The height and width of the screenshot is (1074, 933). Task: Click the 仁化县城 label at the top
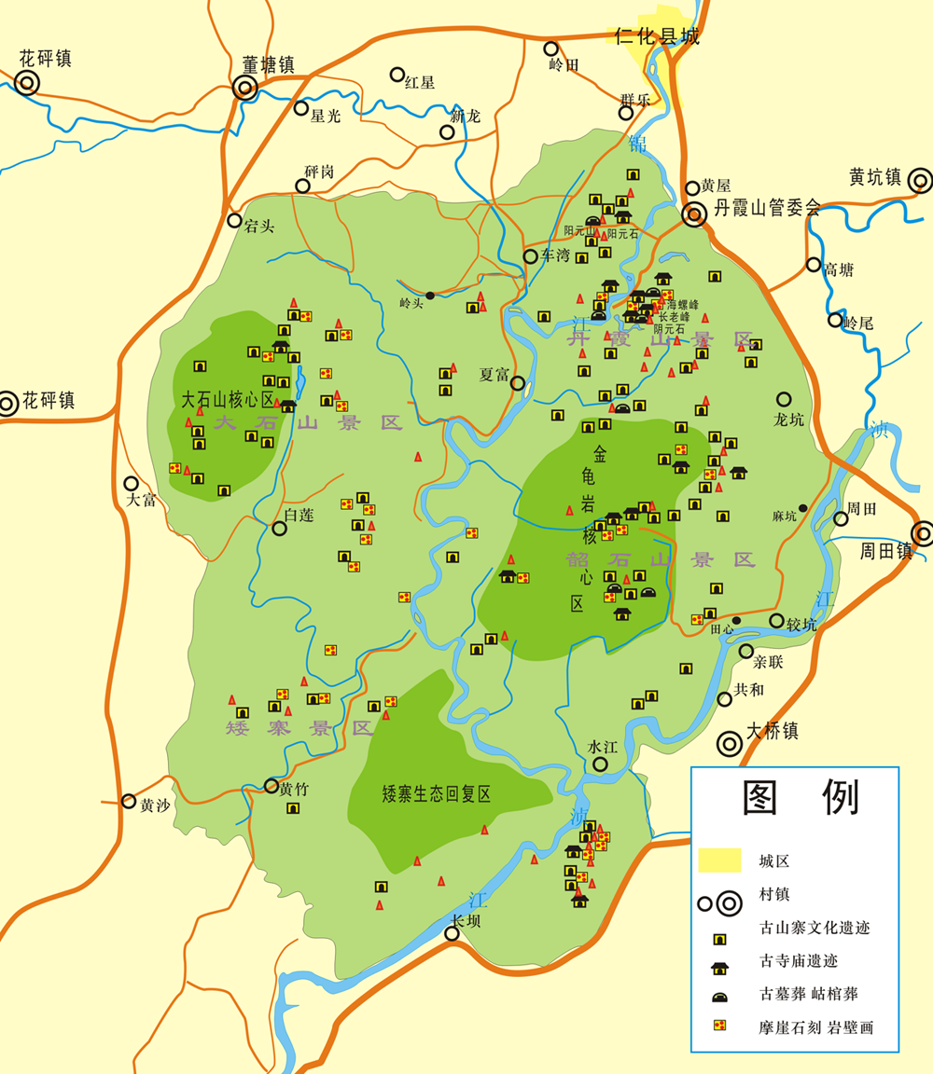(x=657, y=37)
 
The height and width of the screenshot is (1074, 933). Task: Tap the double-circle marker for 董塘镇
(x=245, y=88)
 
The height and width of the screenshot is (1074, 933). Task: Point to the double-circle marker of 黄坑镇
(x=920, y=180)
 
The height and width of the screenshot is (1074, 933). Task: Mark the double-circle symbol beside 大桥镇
(x=730, y=744)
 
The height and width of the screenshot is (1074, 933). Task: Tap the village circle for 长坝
(x=453, y=934)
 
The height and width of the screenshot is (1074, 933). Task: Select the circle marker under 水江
(x=600, y=764)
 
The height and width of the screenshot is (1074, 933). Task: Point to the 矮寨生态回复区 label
(x=437, y=794)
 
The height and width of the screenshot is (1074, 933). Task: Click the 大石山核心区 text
(x=228, y=400)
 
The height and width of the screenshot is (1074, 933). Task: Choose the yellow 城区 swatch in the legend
(x=719, y=861)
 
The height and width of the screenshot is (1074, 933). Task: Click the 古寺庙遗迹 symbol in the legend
(x=719, y=961)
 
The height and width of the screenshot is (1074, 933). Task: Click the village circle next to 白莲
(x=279, y=529)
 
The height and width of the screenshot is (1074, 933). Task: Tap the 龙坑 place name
(x=788, y=420)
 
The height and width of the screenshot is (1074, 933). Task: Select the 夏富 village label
(x=494, y=375)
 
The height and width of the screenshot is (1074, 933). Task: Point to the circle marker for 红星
(x=397, y=75)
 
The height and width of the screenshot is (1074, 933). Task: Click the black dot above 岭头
(x=430, y=296)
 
